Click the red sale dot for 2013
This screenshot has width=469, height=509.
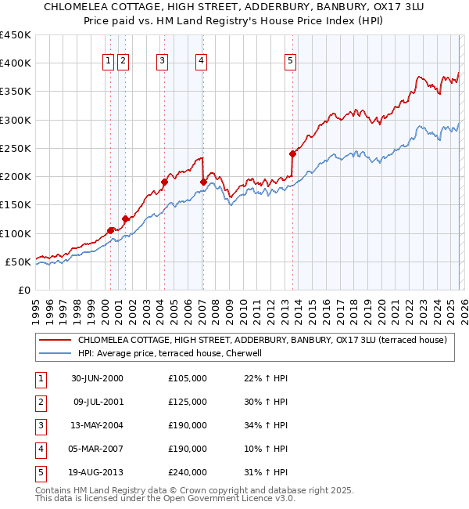pos(292,153)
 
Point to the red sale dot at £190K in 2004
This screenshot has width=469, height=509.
pos(165,182)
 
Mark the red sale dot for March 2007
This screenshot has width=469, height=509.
pos(203,182)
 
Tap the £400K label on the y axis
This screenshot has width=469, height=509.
pos(17,63)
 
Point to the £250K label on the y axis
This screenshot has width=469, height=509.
pos(17,148)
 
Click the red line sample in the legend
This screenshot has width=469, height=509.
pos(55,340)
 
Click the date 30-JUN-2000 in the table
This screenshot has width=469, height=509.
pos(97,378)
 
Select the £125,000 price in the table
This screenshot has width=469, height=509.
pos(188,402)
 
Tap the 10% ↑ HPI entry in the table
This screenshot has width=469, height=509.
pos(267,449)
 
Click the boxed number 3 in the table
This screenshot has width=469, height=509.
pos(39,425)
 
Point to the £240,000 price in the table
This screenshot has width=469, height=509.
pos(188,472)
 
